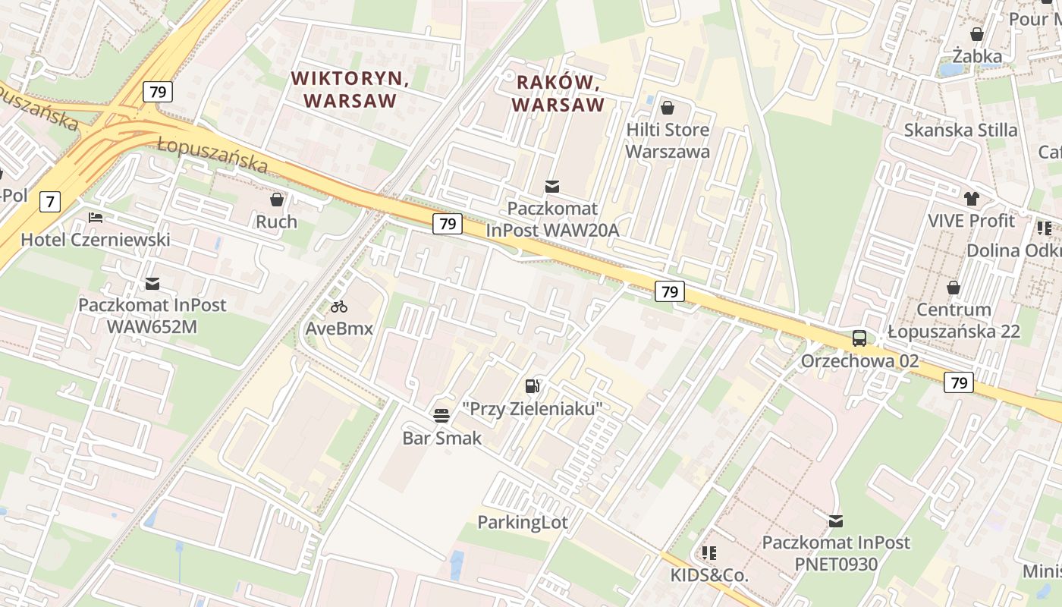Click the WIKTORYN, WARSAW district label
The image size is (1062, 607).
pos(350,89)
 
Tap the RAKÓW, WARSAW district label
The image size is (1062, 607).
pos(558,93)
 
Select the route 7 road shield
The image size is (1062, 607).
pos(50,202)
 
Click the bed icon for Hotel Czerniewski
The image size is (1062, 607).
pos(96,217)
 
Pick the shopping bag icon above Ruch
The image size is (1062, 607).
pos(277,200)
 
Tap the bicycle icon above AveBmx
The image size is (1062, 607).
pos(339,307)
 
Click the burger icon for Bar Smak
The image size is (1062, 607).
pos(441,415)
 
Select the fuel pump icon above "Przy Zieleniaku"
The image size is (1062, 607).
pos(533,386)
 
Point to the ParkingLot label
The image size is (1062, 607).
pos(522,522)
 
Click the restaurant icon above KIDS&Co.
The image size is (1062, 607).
pos(709,553)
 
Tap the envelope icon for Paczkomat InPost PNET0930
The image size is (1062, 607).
pos(835,521)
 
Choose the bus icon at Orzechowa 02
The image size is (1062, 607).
pos(859,338)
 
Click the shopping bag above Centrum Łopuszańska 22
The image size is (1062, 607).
pos(954,288)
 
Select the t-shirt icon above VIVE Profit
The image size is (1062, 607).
pos(972,199)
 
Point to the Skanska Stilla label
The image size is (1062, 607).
pos(960,130)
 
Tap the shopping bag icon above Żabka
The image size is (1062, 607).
pos(977,34)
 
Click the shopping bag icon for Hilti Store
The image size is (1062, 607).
pos(668,108)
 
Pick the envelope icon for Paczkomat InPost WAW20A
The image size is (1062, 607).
pos(552,186)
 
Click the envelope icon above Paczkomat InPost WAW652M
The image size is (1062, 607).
pos(152,283)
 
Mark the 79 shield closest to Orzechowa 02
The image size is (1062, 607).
pos(959,382)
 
